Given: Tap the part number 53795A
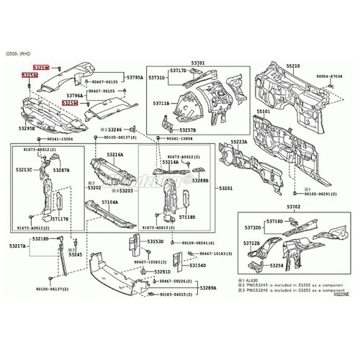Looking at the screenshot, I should pos(135,77).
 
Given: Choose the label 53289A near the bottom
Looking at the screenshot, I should pos(207,287).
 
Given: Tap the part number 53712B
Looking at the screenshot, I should pos(251,244).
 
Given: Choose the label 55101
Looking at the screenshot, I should pos(264,112).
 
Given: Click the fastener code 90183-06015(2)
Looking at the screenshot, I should pos(176,294).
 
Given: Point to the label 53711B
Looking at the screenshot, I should pos(161,104).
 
